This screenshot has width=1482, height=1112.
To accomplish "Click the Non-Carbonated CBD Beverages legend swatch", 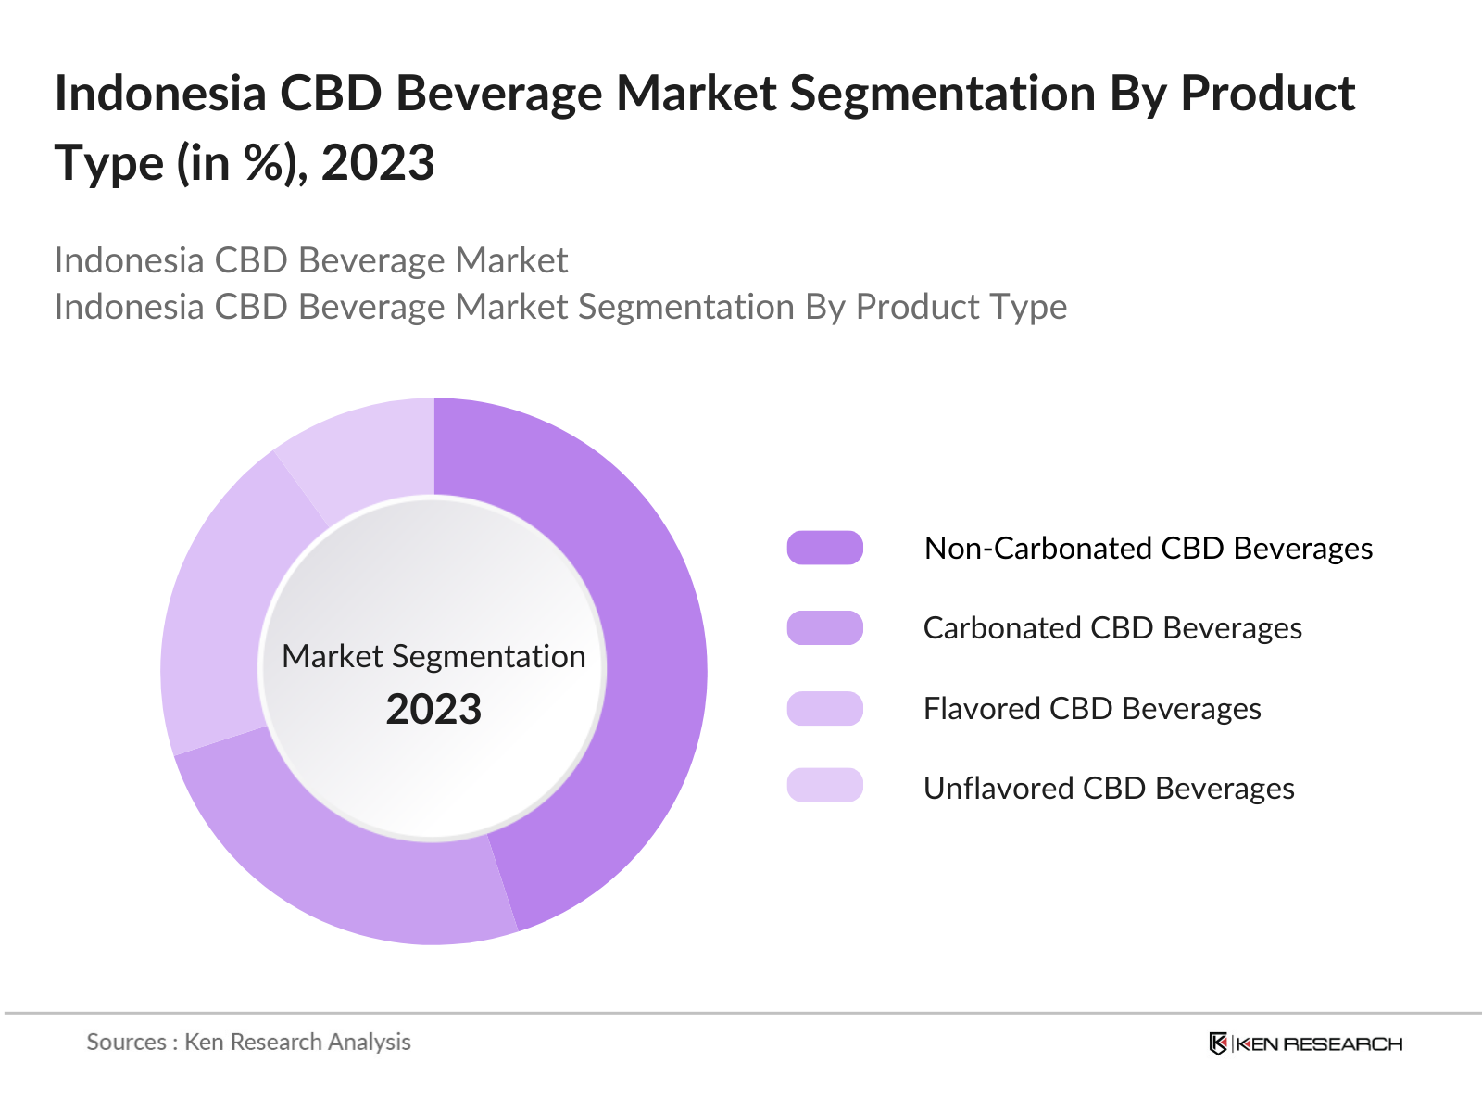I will point(824,548).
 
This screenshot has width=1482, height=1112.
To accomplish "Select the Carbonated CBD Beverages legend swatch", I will point(824,628).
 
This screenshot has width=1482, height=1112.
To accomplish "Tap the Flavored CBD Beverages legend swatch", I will point(824,709).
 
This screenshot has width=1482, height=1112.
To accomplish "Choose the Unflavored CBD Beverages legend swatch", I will point(824,786).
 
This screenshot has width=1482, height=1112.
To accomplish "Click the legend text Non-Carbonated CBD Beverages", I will point(1149,549).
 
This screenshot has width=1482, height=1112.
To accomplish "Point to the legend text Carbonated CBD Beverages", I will point(1112,628).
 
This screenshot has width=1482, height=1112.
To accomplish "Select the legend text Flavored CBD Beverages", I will point(1092,709).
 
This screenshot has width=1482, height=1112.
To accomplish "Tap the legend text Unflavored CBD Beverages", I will point(1109,789).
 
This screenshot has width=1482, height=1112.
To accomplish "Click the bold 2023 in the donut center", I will point(433,710).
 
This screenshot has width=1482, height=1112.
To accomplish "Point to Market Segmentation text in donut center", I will point(433,656).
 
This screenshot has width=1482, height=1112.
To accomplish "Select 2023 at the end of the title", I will point(378,163).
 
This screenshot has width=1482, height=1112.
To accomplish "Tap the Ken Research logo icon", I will point(1218,1043).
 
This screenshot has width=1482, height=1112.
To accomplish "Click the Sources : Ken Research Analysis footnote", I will point(248,1042).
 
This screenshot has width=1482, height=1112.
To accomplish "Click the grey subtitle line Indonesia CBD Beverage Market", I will point(310,260).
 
